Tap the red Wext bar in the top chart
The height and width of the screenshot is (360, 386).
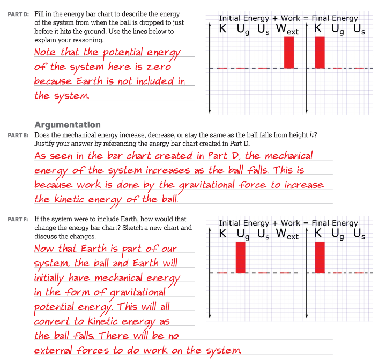(x=289, y=52)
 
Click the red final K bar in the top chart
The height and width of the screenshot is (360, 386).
(x=320, y=52)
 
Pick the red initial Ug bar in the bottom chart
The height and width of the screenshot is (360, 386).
(x=240, y=257)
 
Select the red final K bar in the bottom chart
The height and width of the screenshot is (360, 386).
(x=320, y=257)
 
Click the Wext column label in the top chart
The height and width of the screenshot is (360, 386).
(x=287, y=29)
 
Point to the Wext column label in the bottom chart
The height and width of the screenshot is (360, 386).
(x=287, y=234)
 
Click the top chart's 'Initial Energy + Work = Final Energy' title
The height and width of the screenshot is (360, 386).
(x=288, y=18)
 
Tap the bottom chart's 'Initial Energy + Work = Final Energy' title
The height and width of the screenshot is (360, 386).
(x=288, y=223)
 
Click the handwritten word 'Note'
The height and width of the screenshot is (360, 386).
(x=46, y=52)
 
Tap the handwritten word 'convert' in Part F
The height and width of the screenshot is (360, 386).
(x=53, y=321)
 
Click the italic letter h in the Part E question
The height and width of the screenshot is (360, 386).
(x=313, y=135)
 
